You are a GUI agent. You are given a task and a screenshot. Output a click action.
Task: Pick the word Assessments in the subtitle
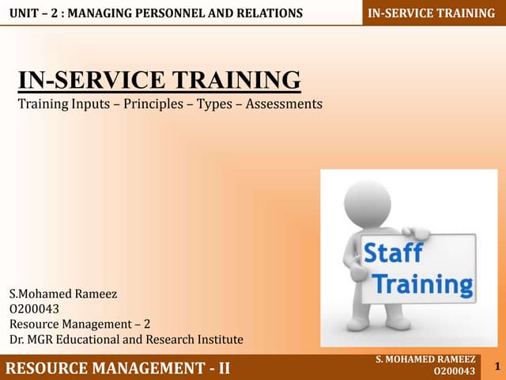(281, 104)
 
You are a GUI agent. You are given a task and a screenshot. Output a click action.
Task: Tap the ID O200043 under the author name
(35, 309)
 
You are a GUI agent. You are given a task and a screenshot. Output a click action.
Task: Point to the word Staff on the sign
(392, 255)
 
